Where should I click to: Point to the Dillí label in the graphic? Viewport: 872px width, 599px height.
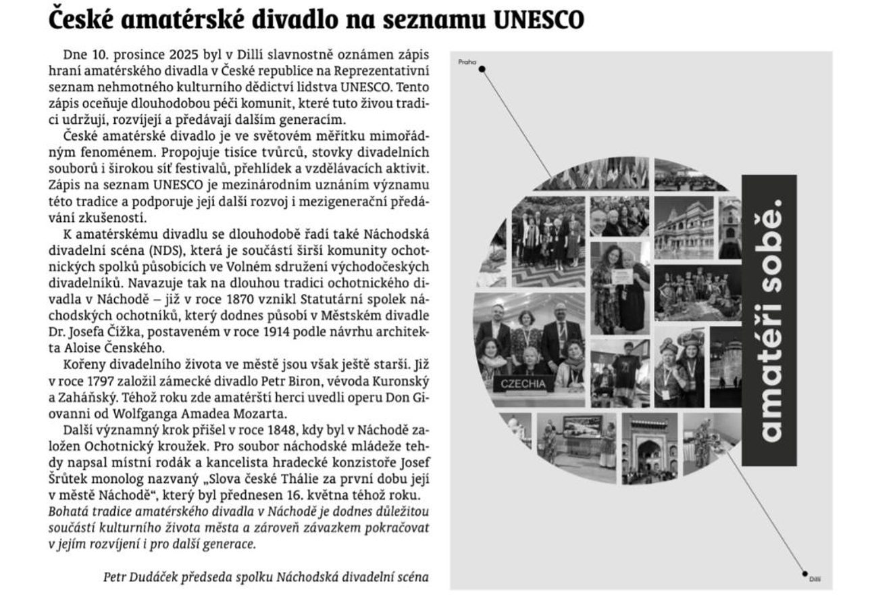click(815, 579)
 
